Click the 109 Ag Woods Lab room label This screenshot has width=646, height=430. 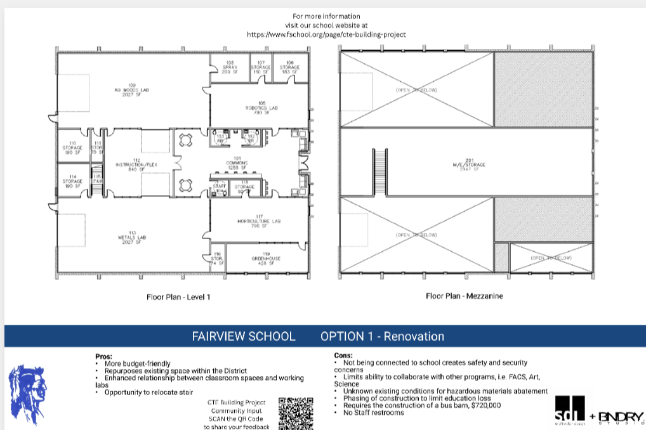(x=132, y=89)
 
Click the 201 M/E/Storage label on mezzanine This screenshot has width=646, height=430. (x=468, y=164)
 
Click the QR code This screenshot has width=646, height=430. (x=296, y=413)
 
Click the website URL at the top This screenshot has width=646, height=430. (x=326, y=34)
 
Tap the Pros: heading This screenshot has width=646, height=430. (x=103, y=356)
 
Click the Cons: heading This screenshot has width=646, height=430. (x=343, y=356)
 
